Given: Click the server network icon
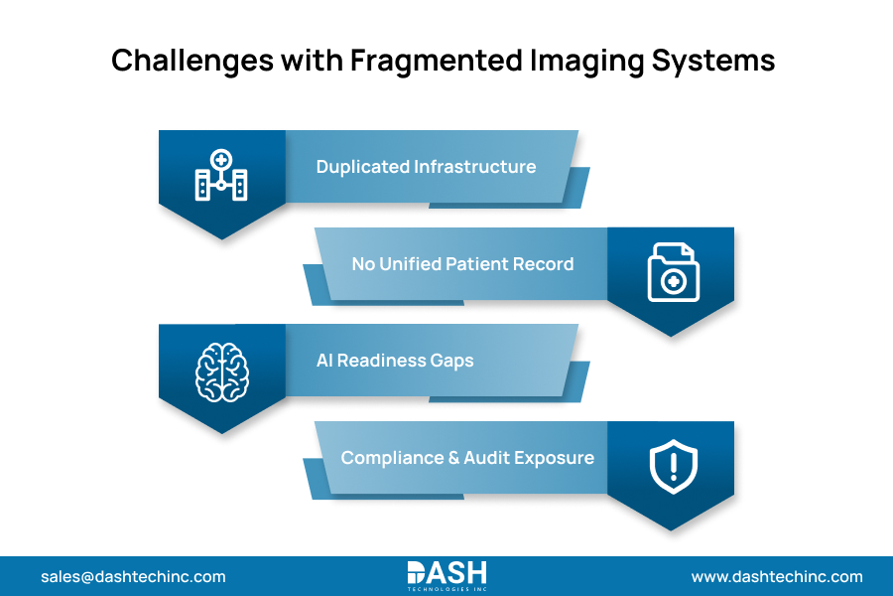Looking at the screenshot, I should pyautogui.click(x=220, y=177).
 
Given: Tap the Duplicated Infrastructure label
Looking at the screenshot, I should pyautogui.click(x=426, y=167).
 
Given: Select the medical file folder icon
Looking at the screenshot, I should pyautogui.click(x=673, y=272).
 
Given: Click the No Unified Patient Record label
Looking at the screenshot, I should pyautogui.click(x=462, y=264).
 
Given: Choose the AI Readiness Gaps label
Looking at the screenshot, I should pyautogui.click(x=395, y=361).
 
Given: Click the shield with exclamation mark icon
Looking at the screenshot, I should pyautogui.click(x=673, y=466).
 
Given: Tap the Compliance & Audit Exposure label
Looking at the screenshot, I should pyautogui.click(x=467, y=458).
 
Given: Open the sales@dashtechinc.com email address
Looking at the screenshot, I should pyautogui.click(x=133, y=576).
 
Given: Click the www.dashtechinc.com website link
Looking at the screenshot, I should pyautogui.click(x=777, y=576).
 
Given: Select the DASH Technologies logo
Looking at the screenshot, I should pyautogui.click(x=446, y=575).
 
